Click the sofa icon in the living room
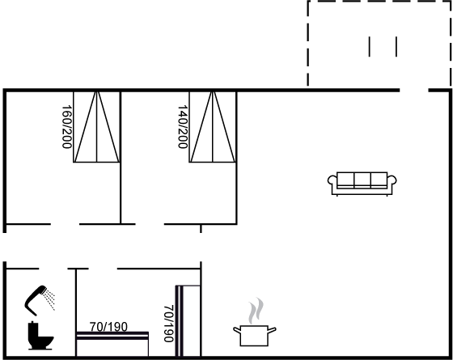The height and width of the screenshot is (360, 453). click(362, 184)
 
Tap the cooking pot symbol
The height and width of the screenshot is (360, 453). click(255, 336)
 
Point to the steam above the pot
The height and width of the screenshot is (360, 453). click(256, 311)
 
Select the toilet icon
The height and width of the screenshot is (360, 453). click(40, 336)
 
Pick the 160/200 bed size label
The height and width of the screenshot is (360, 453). click(67, 127)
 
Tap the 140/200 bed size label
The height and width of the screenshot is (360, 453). click(183, 127)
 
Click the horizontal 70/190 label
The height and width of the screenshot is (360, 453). click(108, 327)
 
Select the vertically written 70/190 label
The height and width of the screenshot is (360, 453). click(169, 324)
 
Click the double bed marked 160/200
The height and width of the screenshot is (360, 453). click(96, 127)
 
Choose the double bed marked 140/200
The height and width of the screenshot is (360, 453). click(213, 127)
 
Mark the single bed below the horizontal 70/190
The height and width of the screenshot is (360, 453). click(112, 344)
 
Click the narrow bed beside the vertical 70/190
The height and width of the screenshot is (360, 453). click(188, 321)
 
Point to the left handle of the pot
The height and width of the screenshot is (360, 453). click(237, 330)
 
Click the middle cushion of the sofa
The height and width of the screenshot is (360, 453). click(362, 179)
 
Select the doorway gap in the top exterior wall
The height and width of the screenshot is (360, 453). click(414, 91)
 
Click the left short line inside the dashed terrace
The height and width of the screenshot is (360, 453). click(369, 47)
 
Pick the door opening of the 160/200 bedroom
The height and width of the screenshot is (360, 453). click(65, 224)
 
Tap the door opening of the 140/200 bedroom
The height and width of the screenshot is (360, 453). click(150, 224)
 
